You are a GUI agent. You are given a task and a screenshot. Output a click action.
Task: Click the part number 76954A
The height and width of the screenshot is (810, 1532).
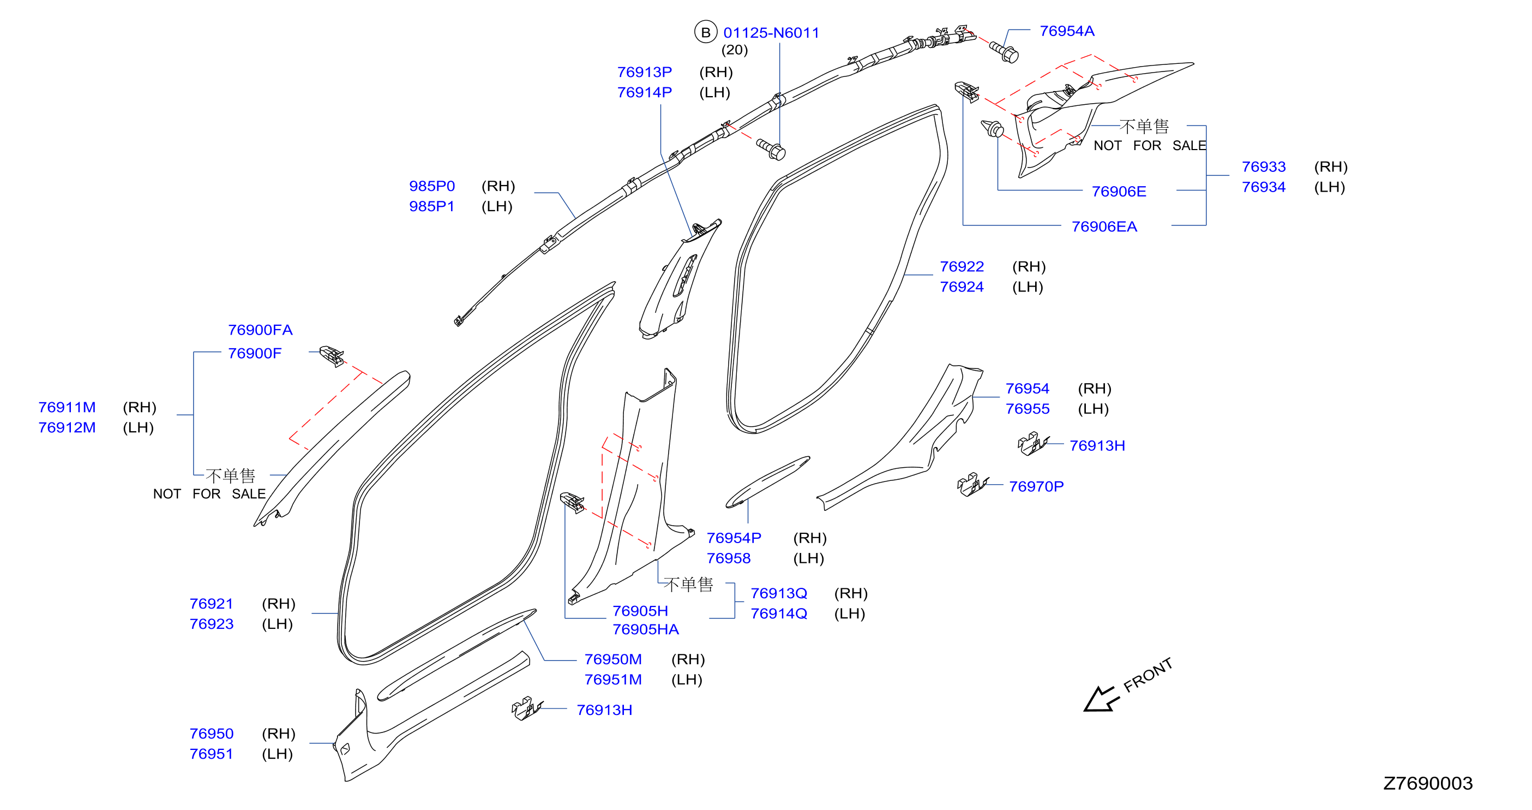pos(1066,31)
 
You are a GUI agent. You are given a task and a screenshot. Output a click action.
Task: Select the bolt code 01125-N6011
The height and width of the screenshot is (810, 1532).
pos(771,33)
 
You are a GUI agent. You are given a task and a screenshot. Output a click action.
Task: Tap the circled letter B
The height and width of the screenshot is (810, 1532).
pos(705,32)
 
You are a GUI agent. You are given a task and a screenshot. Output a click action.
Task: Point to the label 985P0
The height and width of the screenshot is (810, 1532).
pos(432,186)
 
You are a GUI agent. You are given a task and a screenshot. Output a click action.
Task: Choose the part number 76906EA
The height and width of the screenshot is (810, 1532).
pos(1104,227)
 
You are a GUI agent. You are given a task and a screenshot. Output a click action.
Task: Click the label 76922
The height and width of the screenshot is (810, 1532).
pos(962,266)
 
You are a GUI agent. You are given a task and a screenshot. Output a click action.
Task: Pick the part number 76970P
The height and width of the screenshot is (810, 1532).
pos(1036,486)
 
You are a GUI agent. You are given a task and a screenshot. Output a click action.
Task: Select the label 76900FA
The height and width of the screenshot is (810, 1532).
pos(260,330)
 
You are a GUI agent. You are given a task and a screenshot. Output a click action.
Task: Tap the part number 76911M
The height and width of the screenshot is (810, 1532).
pos(67,407)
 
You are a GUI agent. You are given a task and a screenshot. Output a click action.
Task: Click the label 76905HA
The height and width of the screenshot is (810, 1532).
pos(645,629)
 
